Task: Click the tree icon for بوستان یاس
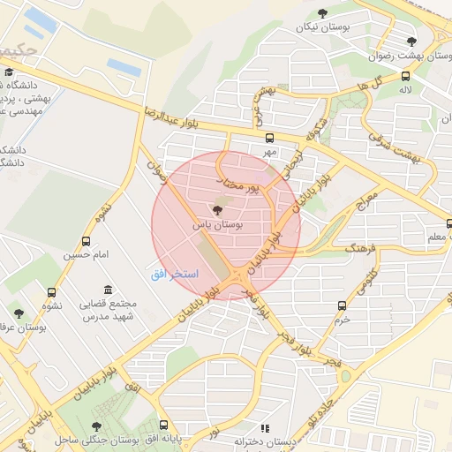pos(218,210)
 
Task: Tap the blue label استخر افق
pos(167,274)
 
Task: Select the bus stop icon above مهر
pos(269,138)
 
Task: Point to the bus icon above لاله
pos(405,76)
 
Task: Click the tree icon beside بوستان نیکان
pos(321,12)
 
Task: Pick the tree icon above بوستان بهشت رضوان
pos(411,41)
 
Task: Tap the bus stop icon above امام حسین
pos(86,241)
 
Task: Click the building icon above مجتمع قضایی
pos(108,290)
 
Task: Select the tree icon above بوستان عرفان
pos(19,313)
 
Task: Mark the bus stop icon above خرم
pos(342,305)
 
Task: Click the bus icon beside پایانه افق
pos(162,426)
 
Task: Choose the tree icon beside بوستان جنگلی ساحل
pos(96,426)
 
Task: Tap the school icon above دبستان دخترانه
pos(265,427)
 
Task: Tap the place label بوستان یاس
pos(217,226)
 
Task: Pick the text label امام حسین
pos(85,255)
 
